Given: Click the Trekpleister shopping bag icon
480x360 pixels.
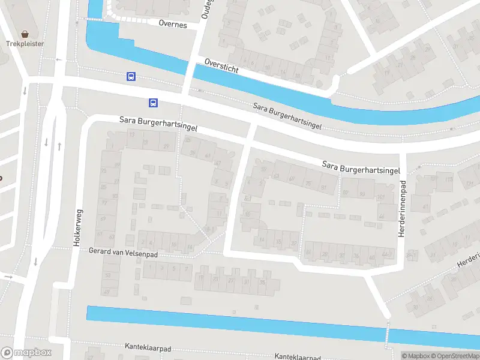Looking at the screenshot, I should click(25, 34).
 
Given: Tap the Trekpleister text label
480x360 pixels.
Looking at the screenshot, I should click(25, 44).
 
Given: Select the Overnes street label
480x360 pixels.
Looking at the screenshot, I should click(173, 25).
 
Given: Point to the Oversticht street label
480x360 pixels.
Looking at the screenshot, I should click(221, 66).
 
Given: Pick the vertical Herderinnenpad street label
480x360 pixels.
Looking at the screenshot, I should click(403, 207).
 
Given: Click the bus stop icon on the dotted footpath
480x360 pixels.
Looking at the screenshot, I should click(131, 76).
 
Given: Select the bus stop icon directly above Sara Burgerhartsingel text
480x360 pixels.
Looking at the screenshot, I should click(154, 103).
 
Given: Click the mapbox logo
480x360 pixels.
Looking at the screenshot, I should click(26, 353).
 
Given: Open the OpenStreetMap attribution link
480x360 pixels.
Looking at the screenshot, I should click(455, 356).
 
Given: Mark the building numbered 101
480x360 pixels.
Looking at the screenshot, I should click(382, 197).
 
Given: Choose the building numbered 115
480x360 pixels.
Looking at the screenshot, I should click(449, 179).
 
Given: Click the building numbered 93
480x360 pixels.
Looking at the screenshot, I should click(362, 194).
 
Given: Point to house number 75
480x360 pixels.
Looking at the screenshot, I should click(309, 184).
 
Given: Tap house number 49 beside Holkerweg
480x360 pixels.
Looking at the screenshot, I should click(107, 292).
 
